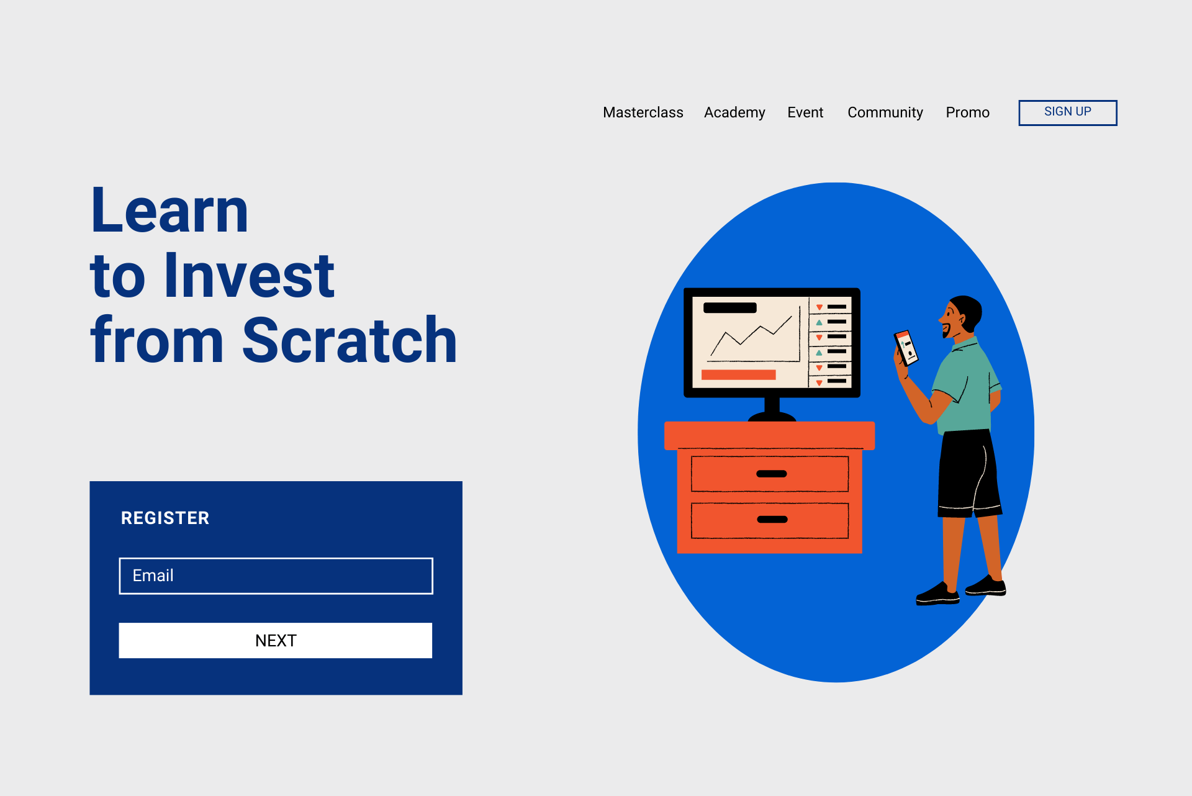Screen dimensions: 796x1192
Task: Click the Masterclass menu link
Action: click(x=643, y=112)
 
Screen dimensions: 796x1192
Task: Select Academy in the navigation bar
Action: click(x=734, y=112)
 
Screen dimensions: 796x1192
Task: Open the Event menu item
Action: click(x=805, y=112)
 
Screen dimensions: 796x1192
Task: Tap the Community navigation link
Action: click(x=885, y=112)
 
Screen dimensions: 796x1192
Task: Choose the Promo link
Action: click(x=967, y=112)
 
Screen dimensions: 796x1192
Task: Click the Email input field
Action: click(x=276, y=576)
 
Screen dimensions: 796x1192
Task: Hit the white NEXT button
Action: click(x=276, y=640)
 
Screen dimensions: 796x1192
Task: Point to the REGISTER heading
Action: click(x=165, y=518)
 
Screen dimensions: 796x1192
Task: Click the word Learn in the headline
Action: click(x=169, y=211)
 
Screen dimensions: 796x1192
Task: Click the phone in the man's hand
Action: click(x=906, y=347)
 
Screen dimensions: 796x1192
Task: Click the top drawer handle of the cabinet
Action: click(x=771, y=474)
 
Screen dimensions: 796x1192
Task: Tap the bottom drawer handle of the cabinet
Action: click(x=772, y=520)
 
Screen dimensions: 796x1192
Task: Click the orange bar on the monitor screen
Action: click(x=738, y=374)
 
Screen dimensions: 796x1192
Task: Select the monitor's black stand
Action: click(x=772, y=410)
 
